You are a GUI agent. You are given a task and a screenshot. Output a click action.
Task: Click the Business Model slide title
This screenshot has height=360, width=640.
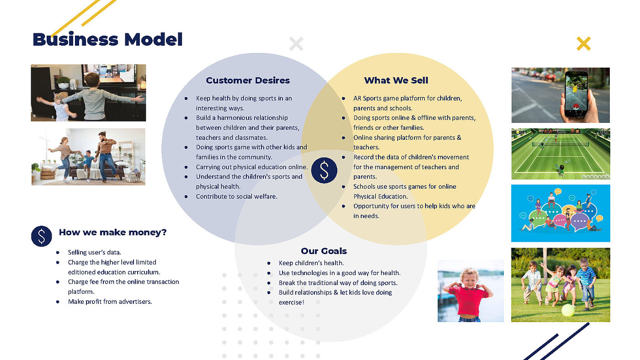point(107,40)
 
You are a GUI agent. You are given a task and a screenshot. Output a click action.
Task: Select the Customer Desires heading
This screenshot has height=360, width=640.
point(248,80)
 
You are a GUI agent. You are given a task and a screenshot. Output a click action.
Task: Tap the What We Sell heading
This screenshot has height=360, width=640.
point(396,80)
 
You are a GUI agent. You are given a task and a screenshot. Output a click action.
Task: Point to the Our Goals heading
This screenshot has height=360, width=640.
point(324,251)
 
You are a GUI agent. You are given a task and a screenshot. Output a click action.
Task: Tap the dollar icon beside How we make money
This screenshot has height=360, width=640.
point(42,236)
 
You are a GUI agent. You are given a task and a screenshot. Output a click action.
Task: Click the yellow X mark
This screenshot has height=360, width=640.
point(583,44)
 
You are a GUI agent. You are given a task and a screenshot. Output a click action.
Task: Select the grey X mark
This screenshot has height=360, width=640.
point(296,44)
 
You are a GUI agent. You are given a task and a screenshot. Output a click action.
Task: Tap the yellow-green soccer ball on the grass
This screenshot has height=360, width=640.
point(568,310)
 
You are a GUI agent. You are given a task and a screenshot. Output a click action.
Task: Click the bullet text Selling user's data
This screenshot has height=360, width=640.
point(94,252)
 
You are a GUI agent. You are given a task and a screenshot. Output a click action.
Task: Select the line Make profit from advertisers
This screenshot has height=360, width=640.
point(110,302)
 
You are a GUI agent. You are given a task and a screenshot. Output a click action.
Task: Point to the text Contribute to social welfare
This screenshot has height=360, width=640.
point(236,196)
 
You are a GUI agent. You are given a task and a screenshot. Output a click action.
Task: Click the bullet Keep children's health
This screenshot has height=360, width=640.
point(311,263)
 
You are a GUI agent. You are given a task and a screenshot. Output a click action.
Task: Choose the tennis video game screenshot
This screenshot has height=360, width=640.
point(560,154)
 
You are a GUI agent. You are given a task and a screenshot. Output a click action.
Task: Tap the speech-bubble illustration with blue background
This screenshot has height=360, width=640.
point(560,213)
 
